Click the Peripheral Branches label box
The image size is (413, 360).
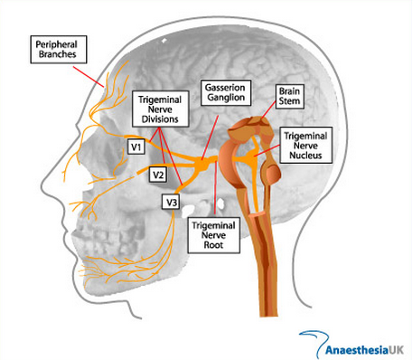pos(59,50)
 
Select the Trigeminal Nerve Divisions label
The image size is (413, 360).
pos(160,109)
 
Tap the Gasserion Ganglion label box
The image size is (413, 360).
pos(226,92)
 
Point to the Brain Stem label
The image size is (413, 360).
pos(289,96)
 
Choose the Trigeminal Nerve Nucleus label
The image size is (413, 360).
pos(305,146)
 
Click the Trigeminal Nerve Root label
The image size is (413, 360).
pos(213,235)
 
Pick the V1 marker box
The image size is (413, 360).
pos(136,147)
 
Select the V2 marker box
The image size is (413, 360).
pos(158,175)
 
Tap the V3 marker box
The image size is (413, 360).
pos(172,202)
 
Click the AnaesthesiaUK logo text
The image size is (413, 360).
pos(364,350)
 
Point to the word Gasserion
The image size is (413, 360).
pos(225,88)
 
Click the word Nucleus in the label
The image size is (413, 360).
pos(305,156)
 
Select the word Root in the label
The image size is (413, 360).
pos(213,245)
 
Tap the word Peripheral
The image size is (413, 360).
pos(56,44)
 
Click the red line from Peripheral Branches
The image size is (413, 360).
pos(89,77)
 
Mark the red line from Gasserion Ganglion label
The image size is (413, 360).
pos(210,137)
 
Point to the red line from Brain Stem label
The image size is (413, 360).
pos(268,110)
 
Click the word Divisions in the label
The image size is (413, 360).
pos(160,119)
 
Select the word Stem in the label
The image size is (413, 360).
pos(289,100)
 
